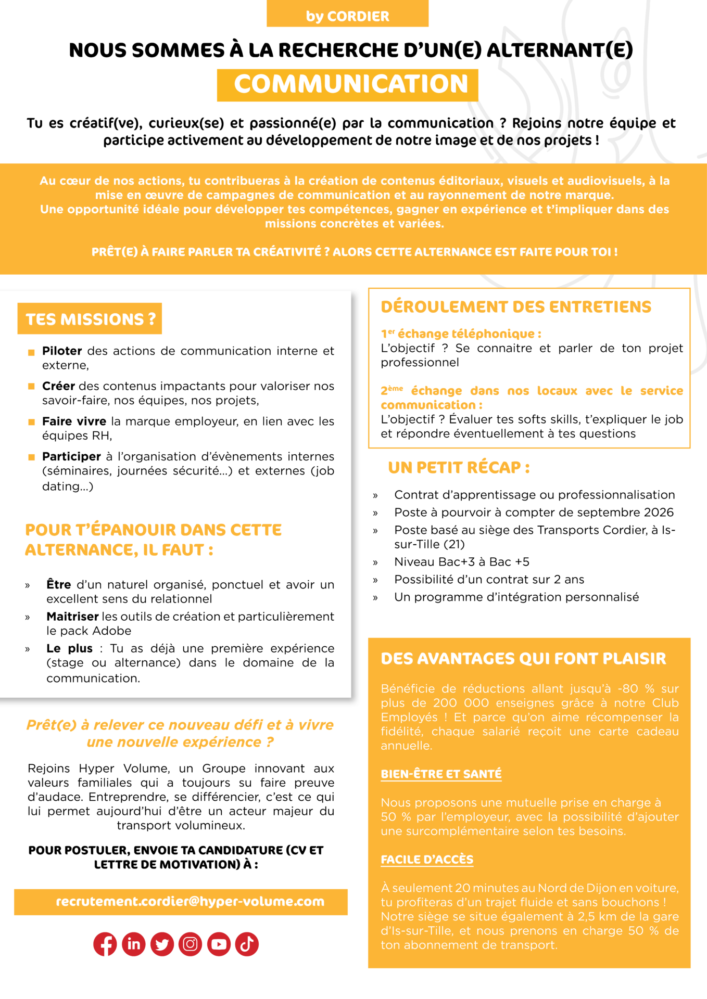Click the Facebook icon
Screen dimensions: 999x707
pyautogui.click(x=105, y=944)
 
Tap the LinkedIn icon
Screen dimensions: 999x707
pyautogui.click(x=134, y=944)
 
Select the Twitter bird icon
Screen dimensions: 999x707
pyautogui.click(x=162, y=944)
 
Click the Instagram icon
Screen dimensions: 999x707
pyautogui.click(x=190, y=944)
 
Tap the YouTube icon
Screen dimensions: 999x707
pyautogui.click(x=219, y=944)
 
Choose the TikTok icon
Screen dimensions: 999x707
pyautogui.click(x=247, y=944)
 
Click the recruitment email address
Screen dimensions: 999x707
pyautogui.click(x=190, y=901)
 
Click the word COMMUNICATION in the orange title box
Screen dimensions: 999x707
pyautogui.click(x=351, y=84)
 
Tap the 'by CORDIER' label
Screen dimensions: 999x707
pyautogui.click(x=347, y=16)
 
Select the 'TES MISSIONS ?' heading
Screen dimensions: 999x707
pyautogui.click(x=91, y=319)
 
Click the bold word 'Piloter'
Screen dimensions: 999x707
pyautogui.click(x=62, y=351)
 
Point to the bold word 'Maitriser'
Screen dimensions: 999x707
pyautogui.click(x=72, y=617)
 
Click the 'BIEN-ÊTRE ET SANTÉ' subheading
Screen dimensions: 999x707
pyautogui.click(x=441, y=774)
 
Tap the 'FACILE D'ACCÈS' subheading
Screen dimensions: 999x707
pyautogui.click(x=427, y=860)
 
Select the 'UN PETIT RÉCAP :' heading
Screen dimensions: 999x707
pyautogui.click(x=459, y=467)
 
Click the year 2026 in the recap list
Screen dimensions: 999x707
pyautogui.click(x=659, y=513)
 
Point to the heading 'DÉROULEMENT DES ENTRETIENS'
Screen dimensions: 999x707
pyautogui.click(x=516, y=307)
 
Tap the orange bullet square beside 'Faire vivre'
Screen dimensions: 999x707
pyautogui.click(x=31, y=422)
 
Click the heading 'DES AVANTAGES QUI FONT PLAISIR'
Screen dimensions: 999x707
pyautogui.click(x=523, y=659)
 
